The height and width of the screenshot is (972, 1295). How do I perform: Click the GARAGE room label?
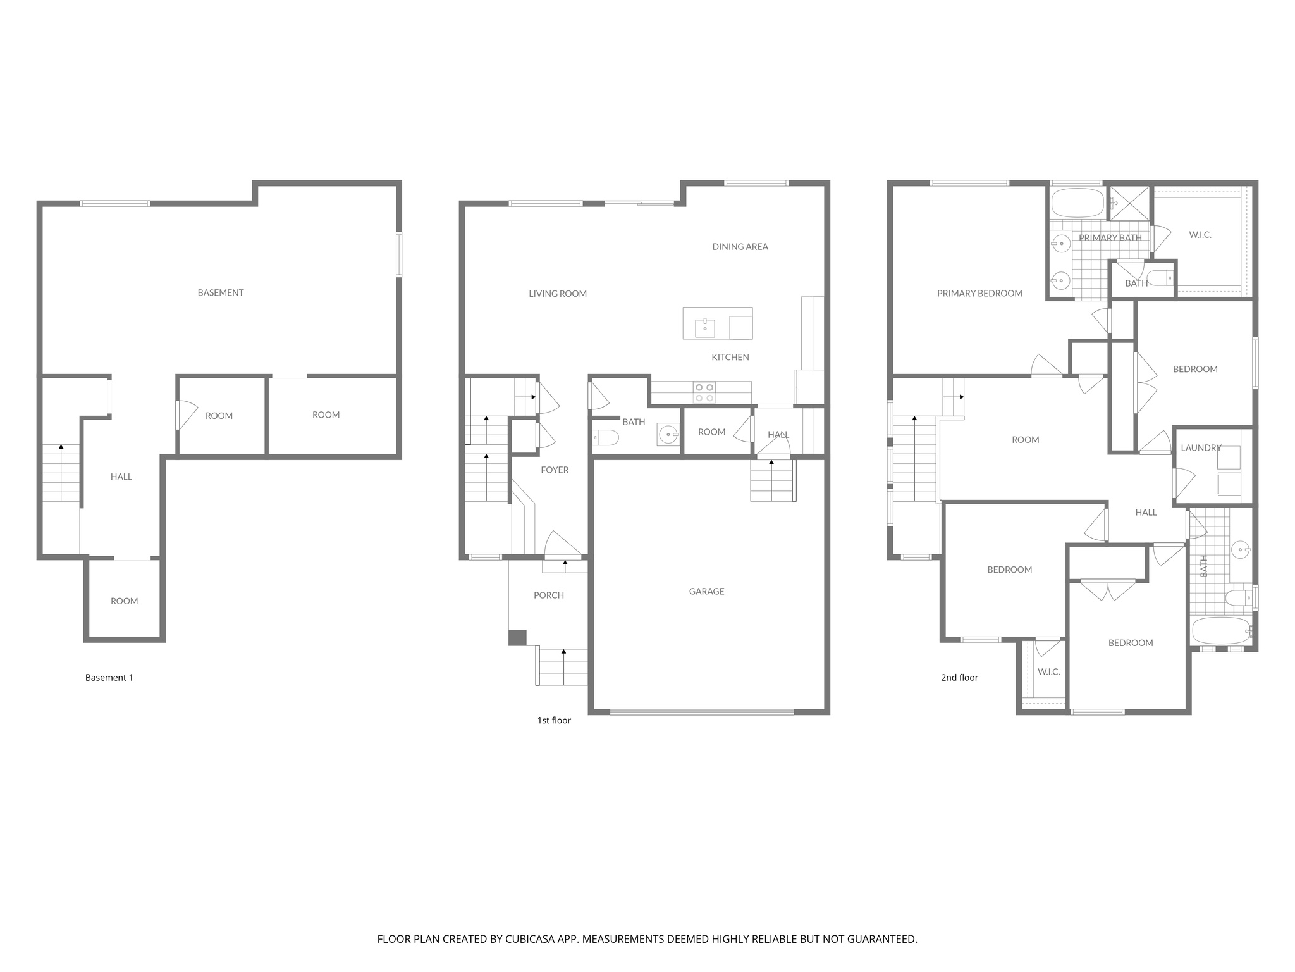click(706, 591)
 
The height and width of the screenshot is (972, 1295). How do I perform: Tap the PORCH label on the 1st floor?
click(548, 595)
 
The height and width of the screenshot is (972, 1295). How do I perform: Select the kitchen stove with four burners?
click(704, 392)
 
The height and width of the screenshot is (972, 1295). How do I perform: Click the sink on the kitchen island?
click(704, 328)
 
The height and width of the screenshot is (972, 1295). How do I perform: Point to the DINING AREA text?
click(740, 247)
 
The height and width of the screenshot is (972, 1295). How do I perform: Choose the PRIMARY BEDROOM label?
click(979, 293)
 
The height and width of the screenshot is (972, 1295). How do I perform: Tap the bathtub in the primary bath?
click(1077, 202)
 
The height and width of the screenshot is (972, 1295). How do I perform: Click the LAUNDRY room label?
click(1201, 447)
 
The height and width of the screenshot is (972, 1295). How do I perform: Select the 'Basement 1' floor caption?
click(109, 677)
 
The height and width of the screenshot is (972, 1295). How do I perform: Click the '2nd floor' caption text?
click(959, 677)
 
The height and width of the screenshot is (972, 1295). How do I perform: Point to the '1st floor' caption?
click(554, 720)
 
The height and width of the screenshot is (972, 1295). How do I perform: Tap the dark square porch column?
click(517, 637)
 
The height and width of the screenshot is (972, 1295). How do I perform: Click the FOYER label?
click(555, 470)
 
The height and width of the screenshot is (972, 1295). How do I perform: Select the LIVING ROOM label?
click(558, 294)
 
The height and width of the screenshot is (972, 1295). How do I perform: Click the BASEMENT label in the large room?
click(220, 292)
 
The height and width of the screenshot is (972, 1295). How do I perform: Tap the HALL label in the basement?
click(121, 477)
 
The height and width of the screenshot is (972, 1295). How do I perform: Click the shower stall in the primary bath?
click(1130, 202)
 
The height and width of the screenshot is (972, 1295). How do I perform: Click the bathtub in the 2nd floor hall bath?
click(1220, 630)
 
